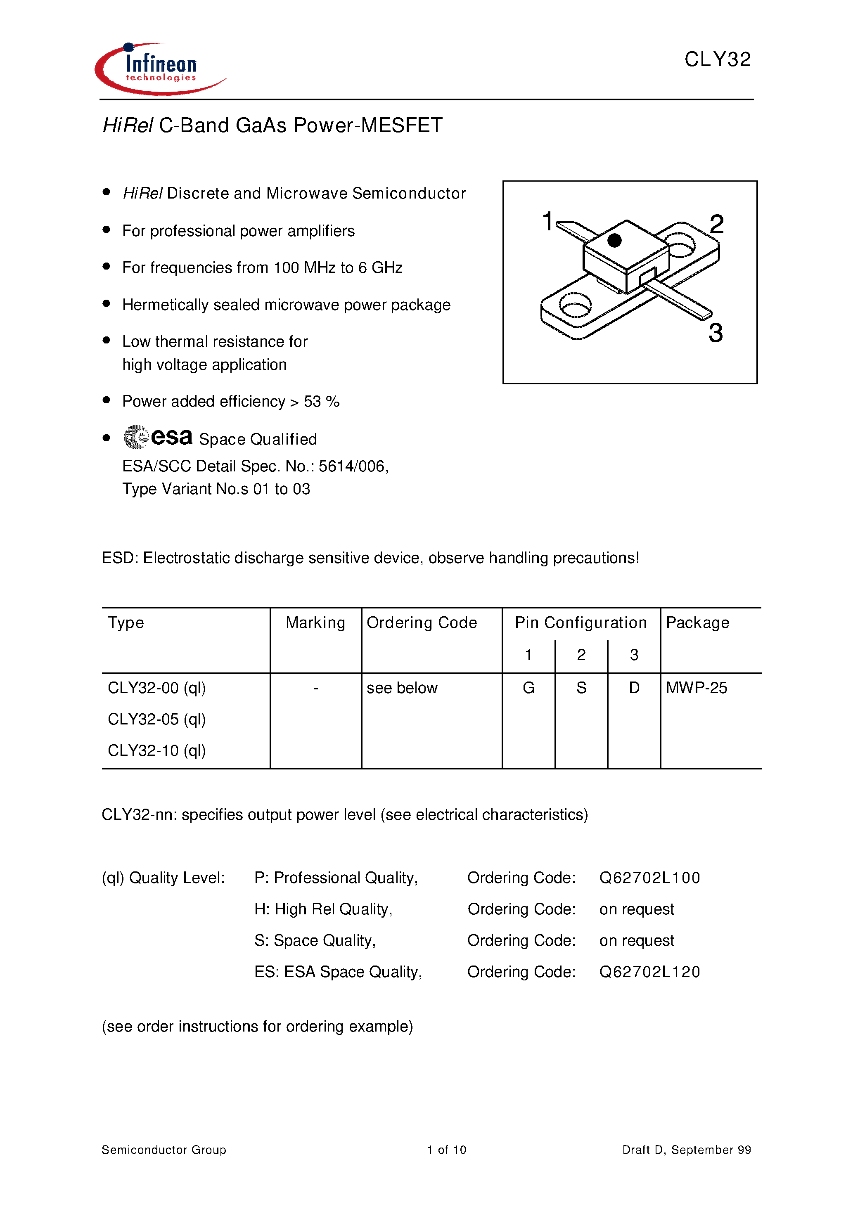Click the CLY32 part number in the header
(717, 59)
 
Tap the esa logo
(158, 437)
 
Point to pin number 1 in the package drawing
(547, 221)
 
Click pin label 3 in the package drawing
(715, 333)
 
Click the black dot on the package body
(614, 241)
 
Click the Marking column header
(315, 622)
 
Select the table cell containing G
(528, 688)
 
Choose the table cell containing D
(634, 688)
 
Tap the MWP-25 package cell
(696, 688)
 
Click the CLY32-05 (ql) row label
(157, 719)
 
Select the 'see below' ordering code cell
(402, 688)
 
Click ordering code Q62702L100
(649, 878)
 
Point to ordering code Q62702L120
(649, 972)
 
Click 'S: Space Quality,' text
(315, 940)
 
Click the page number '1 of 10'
(446, 1150)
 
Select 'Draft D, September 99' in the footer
(686, 1150)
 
